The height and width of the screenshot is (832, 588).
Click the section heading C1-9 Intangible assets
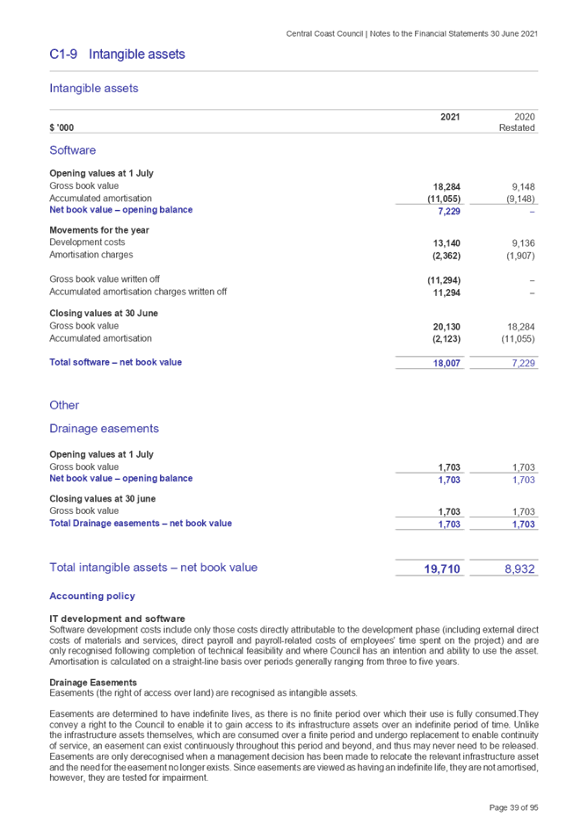[x=117, y=54]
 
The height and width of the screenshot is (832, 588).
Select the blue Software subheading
[x=72, y=150]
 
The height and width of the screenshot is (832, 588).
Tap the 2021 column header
[x=449, y=116]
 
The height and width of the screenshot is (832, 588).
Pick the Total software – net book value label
[x=116, y=362]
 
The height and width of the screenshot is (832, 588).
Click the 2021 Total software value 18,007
[x=448, y=364]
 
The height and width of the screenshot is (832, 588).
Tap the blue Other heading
[x=64, y=405]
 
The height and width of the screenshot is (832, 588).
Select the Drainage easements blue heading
[x=104, y=429]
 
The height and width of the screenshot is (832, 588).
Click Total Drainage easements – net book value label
[x=141, y=524]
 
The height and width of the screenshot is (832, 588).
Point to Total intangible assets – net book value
[x=153, y=568]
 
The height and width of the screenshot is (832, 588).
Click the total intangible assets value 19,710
[x=442, y=569]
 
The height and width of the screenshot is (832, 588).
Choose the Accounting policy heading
[x=92, y=597]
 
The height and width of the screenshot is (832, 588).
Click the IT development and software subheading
[x=117, y=619]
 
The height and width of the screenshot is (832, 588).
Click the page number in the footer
[x=513, y=807]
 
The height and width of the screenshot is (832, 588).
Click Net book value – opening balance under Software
[x=121, y=210]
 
